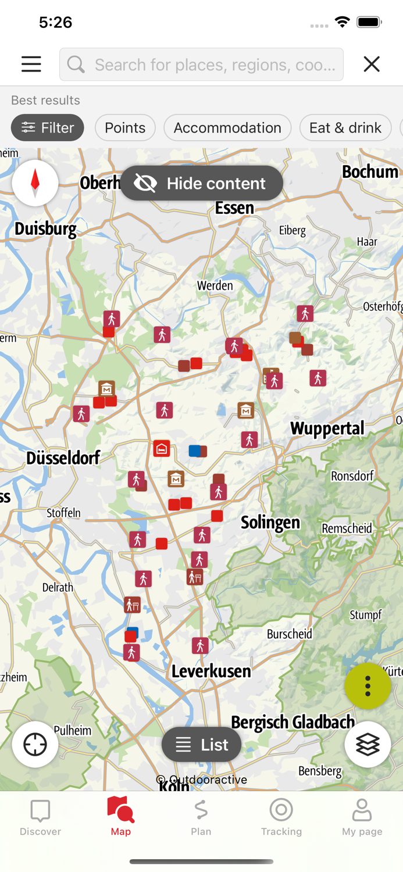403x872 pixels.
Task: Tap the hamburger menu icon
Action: (31, 64)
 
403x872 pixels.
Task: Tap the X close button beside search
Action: (372, 64)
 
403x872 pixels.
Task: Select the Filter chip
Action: (47, 127)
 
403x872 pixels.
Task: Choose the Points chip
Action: (125, 127)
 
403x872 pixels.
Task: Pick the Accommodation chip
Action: (227, 127)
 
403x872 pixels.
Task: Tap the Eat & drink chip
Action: (345, 127)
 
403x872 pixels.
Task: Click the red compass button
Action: (35, 183)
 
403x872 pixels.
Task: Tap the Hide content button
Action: (202, 183)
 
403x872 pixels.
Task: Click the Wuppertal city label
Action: (327, 429)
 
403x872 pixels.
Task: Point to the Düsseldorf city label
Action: (63, 458)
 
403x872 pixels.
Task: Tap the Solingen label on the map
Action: (270, 522)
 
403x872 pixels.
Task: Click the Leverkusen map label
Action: (211, 671)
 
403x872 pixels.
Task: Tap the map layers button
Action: (368, 744)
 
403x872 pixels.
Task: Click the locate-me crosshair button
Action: (35, 744)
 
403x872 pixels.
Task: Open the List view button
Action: (202, 744)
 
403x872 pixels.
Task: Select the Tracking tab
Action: (281, 816)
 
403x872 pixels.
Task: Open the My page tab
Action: (362, 816)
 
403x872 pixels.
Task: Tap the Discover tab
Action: (40, 816)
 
